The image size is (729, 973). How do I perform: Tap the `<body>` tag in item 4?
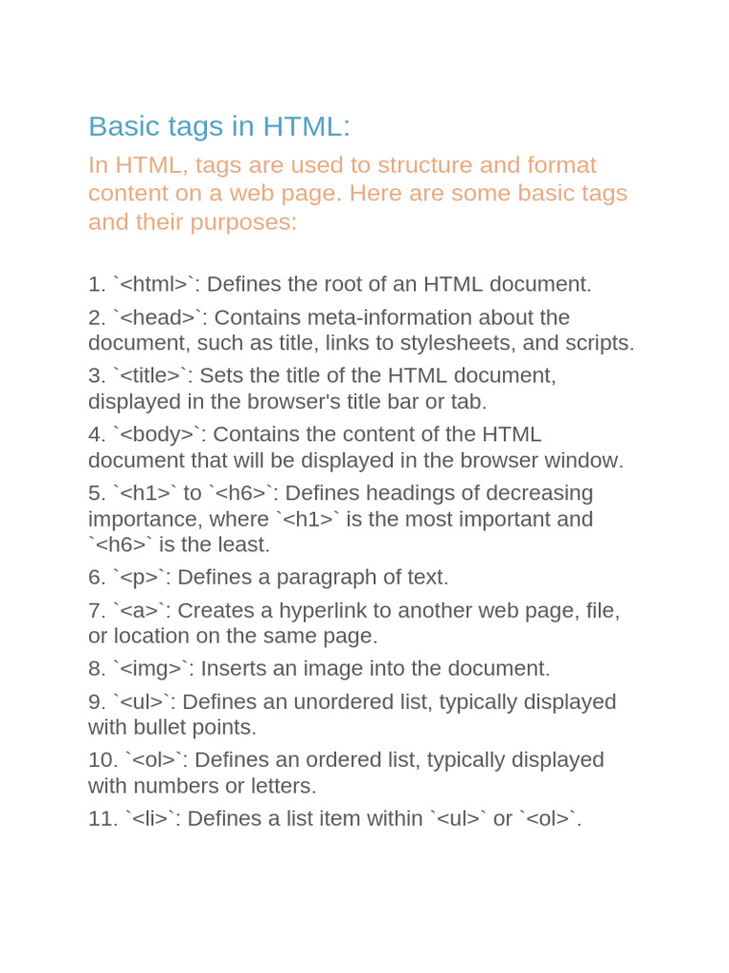click(x=159, y=434)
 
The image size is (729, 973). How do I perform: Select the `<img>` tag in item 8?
click(x=153, y=669)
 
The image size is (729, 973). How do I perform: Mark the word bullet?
click(x=154, y=728)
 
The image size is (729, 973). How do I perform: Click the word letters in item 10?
click(x=283, y=787)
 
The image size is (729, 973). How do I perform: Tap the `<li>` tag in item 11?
click(x=150, y=818)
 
